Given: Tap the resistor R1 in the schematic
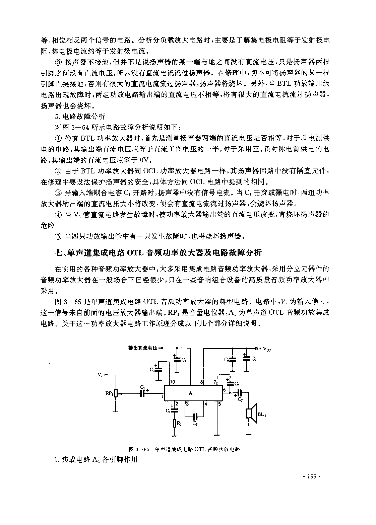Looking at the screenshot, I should pyautogui.click(x=175, y=423).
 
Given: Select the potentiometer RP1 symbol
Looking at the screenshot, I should pyautogui.click(x=116, y=393).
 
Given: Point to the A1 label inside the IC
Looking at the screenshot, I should pyautogui.click(x=191, y=394).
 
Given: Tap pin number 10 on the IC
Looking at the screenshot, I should pyautogui.click(x=172, y=382).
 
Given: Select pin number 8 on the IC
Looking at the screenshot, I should pyautogui.click(x=201, y=382).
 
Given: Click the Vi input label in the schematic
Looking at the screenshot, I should pyautogui.click(x=100, y=374).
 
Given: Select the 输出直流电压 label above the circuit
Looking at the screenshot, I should pyautogui.click(x=142, y=348).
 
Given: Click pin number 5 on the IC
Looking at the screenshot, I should pyautogui.click(x=220, y=404).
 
